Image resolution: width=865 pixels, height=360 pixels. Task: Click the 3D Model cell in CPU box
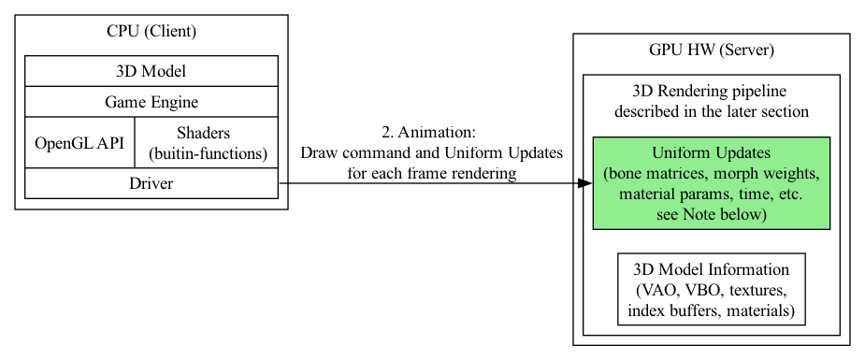coord(151,71)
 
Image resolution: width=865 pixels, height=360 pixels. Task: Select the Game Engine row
coord(151,102)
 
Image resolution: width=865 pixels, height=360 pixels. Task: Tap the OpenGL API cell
coord(79,143)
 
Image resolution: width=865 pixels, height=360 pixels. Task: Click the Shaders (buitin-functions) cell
coord(207,143)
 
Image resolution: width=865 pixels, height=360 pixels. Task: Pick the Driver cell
coord(151,183)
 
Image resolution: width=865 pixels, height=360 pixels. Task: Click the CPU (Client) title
coord(151,31)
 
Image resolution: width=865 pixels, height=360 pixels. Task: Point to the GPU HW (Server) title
coord(711,50)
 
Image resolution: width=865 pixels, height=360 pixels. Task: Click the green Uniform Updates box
coord(711,183)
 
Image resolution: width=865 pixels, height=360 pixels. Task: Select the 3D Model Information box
coord(711,289)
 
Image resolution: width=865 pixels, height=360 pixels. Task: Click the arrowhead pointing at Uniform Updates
coord(585,183)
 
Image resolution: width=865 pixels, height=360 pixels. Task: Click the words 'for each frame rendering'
coord(431,173)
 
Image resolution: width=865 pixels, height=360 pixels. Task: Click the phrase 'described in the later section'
coord(711,111)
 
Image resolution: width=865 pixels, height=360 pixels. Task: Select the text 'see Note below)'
coord(711,215)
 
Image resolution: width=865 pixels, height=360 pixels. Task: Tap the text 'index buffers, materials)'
coord(711,310)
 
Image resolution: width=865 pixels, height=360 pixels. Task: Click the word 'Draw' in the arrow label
coord(318,152)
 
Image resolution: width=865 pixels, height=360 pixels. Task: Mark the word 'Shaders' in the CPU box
coord(203,133)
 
